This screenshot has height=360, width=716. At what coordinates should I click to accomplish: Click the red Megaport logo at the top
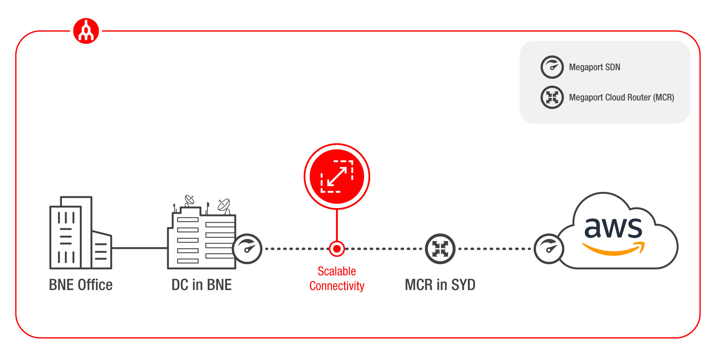pyautogui.click(x=86, y=31)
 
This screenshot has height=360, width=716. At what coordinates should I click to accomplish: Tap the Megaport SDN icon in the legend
pyautogui.click(x=552, y=67)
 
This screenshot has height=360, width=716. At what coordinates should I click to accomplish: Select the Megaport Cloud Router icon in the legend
pyautogui.click(x=552, y=97)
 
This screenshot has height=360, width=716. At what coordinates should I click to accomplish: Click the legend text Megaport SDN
pyautogui.click(x=594, y=67)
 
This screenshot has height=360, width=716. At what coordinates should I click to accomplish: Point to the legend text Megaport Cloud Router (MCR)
pyautogui.click(x=621, y=97)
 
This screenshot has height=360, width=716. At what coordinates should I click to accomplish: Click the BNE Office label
pyautogui.click(x=81, y=285)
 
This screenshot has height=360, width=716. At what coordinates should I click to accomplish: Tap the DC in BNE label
pyautogui.click(x=202, y=285)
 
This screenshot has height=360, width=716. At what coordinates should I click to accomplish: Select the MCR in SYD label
pyautogui.click(x=440, y=285)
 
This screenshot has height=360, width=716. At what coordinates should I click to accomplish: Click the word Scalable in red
pyautogui.click(x=337, y=271)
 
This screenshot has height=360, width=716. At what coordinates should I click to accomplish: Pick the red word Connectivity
pyautogui.click(x=337, y=286)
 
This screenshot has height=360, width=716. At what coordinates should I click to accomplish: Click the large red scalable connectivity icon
pyautogui.click(x=337, y=176)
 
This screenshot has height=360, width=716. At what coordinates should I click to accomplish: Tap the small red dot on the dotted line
pyautogui.click(x=337, y=249)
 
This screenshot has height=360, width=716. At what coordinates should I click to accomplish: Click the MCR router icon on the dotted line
pyautogui.click(x=440, y=249)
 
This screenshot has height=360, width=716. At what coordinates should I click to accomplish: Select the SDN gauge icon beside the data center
pyautogui.click(x=247, y=249)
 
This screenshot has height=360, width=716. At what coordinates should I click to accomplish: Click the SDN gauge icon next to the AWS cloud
pyautogui.click(x=548, y=249)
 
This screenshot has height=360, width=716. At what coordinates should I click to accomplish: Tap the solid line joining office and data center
pyautogui.click(x=140, y=248)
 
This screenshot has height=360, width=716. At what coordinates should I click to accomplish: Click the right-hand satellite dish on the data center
pyautogui.click(x=224, y=205)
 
